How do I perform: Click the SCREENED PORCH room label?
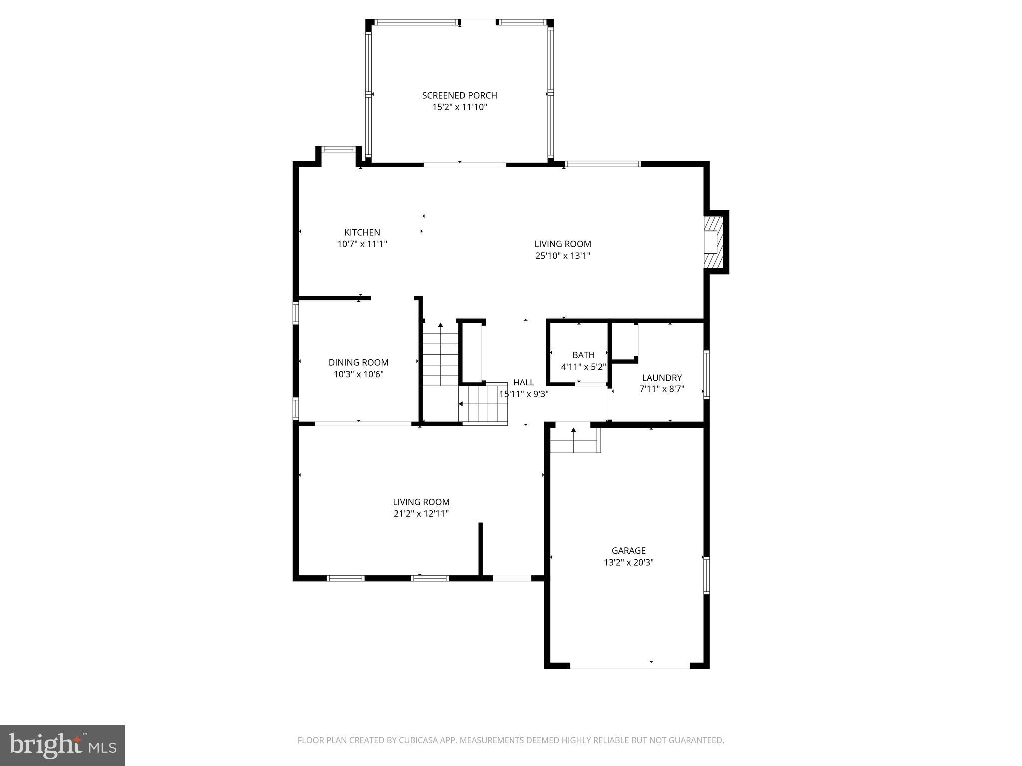click(459, 95)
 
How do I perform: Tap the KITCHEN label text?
click(362, 232)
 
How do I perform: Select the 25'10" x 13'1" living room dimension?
click(563, 256)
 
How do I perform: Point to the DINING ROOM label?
click(358, 363)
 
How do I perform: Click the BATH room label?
click(583, 355)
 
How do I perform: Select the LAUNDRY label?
click(662, 378)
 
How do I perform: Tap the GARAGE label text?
click(628, 551)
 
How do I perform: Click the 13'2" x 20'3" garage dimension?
click(628, 562)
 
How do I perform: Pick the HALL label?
click(523, 383)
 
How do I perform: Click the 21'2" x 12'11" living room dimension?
click(421, 514)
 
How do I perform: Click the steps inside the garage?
click(575, 440)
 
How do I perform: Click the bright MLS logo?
click(62, 745)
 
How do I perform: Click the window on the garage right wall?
click(706, 575)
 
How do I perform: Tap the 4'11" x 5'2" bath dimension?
click(583, 367)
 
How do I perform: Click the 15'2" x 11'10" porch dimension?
click(459, 107)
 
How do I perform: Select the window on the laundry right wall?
click(706, 374)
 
